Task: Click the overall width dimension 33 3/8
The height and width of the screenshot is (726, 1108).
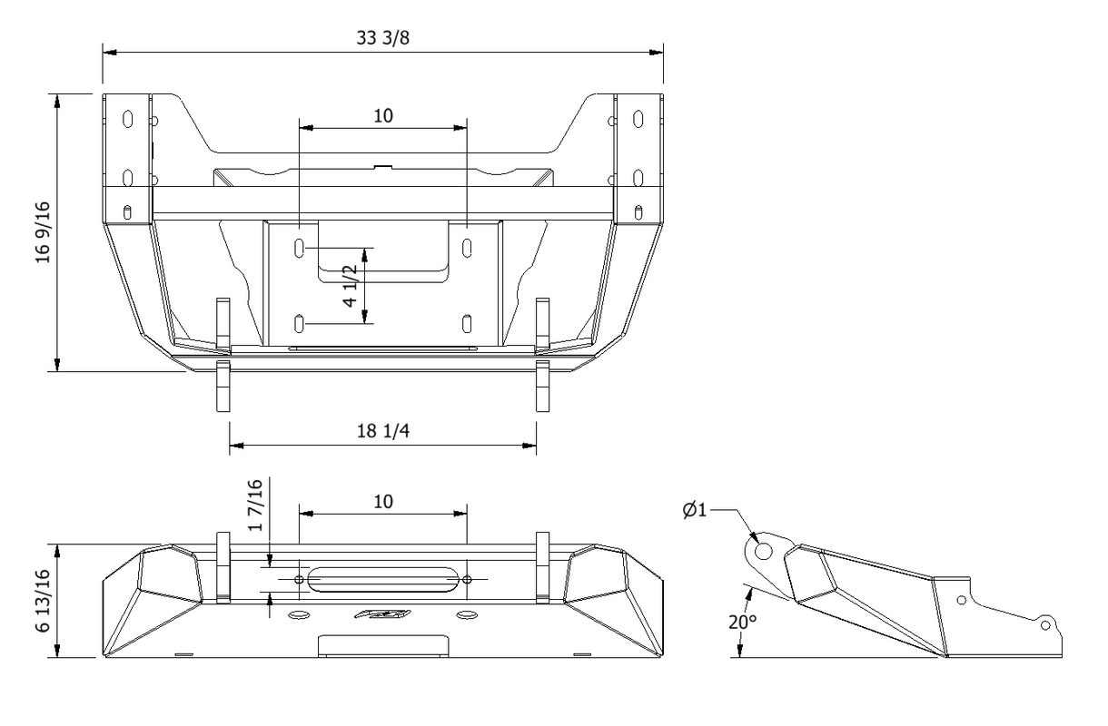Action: (x=382, y=37)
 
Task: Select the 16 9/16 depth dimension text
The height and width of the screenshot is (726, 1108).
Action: (x=41, y=233)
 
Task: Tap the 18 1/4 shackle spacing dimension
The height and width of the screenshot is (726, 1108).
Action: (x=382, y=431)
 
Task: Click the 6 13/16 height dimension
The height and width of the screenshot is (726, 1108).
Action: (x=41, y=601)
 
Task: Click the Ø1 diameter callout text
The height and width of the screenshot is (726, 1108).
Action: (x=695, y=510)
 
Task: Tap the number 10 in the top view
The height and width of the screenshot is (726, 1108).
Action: (x=382, y=115)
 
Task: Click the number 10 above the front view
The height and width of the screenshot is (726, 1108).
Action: (x=382, y=501)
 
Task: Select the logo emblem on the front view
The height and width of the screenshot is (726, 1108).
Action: (x=382, y=615)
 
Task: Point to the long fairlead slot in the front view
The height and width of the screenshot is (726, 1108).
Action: (x=382, y=579)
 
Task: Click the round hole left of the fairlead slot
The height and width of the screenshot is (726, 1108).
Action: (x=300, y=579)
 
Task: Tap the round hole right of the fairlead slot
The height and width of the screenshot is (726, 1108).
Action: (x=466, y=579)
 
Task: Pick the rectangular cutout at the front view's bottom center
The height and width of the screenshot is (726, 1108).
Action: (x=382, y=645)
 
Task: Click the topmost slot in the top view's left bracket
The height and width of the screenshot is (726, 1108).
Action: (x=127, y=119)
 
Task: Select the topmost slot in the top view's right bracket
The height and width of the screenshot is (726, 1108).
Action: (x=638, y=119)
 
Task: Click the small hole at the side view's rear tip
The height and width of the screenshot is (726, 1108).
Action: (x=1045, y=625)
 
